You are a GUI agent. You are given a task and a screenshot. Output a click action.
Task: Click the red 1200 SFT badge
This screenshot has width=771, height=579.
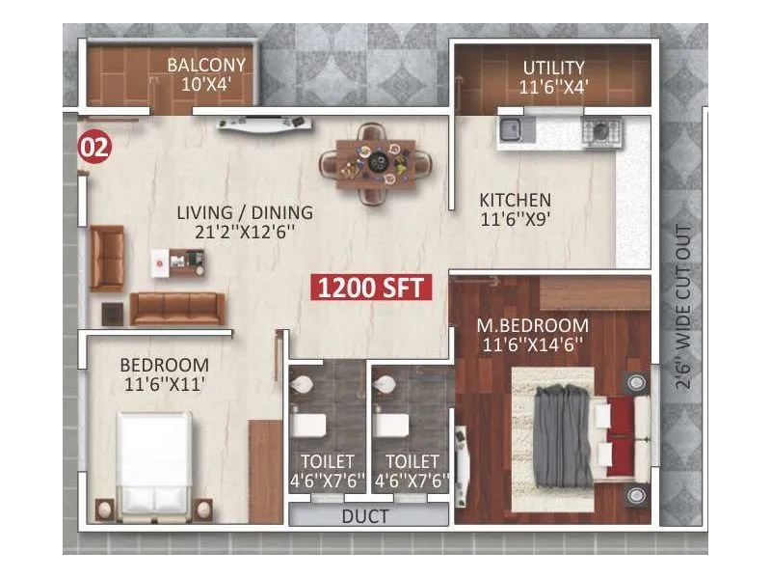coord(370,287)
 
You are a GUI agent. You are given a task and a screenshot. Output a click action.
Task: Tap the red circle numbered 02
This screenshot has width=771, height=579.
coord(94,148)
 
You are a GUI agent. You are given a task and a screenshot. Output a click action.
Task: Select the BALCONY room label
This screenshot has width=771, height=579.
coord(206,67)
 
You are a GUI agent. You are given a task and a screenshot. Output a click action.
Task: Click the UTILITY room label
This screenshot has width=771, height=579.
coord(553,68)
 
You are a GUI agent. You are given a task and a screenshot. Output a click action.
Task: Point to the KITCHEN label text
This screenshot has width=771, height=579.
coord(515,200)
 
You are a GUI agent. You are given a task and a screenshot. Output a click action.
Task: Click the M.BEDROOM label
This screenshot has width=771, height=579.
coord(533,324)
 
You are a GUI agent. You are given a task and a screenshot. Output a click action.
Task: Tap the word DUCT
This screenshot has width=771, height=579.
coord(365,516)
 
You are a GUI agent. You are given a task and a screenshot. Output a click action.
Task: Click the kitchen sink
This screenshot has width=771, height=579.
coord(511,129)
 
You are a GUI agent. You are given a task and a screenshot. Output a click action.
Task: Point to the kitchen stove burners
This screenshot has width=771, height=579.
coord(598,129)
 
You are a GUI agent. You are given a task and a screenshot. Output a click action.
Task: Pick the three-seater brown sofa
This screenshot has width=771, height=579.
coord(176,309)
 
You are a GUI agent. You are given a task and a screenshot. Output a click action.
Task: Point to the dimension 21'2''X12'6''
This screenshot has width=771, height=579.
coord(245,232)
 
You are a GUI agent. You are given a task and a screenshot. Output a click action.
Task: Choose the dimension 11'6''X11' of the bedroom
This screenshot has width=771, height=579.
coord(164,384)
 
